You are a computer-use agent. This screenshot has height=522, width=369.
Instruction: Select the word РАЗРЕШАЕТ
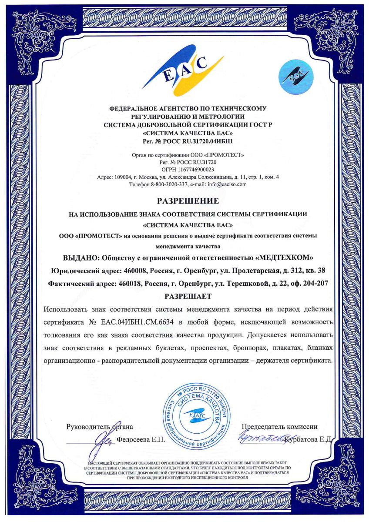click(188, 297)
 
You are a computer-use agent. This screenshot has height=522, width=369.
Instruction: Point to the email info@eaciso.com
click(227, 184)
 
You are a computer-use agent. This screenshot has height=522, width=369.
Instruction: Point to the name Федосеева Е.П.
click(141, 440)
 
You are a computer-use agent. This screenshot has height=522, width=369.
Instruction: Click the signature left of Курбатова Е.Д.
click(260, 439)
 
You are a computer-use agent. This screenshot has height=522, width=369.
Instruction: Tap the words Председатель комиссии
click(279, 427)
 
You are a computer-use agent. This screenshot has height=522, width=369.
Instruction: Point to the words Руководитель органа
click(99, 427)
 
